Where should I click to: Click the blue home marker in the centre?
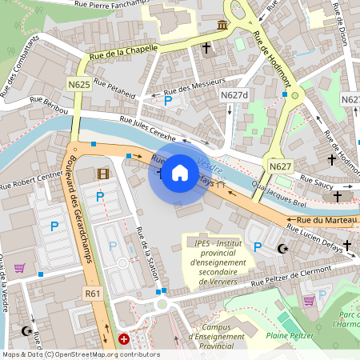[x=180, y=173]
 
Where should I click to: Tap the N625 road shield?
[x=78, y=84]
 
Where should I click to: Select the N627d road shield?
[x=234, y=95]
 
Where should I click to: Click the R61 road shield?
[x=93, y=294]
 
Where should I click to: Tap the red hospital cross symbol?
[x=124, y=339]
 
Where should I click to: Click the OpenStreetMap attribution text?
[x=80, y=354]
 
